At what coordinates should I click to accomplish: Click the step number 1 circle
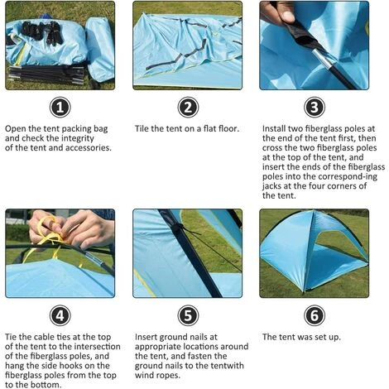[x=60, y=108]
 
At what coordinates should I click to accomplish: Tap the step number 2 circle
[x=188, y=108]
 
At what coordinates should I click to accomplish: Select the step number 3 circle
[x=315, y=108]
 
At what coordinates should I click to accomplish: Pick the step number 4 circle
[x=60, y=315]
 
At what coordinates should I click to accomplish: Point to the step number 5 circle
[x=188, y=315]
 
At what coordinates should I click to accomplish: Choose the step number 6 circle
[x=315, y=315]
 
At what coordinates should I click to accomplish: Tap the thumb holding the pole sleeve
[x=285, y=14]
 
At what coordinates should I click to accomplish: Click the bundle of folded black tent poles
[x=46, y=74]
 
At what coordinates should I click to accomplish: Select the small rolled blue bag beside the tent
[x=100, y=49]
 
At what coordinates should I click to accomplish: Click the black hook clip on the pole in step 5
[x=179, y=228]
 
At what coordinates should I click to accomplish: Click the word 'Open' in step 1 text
[x=16, y=129]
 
